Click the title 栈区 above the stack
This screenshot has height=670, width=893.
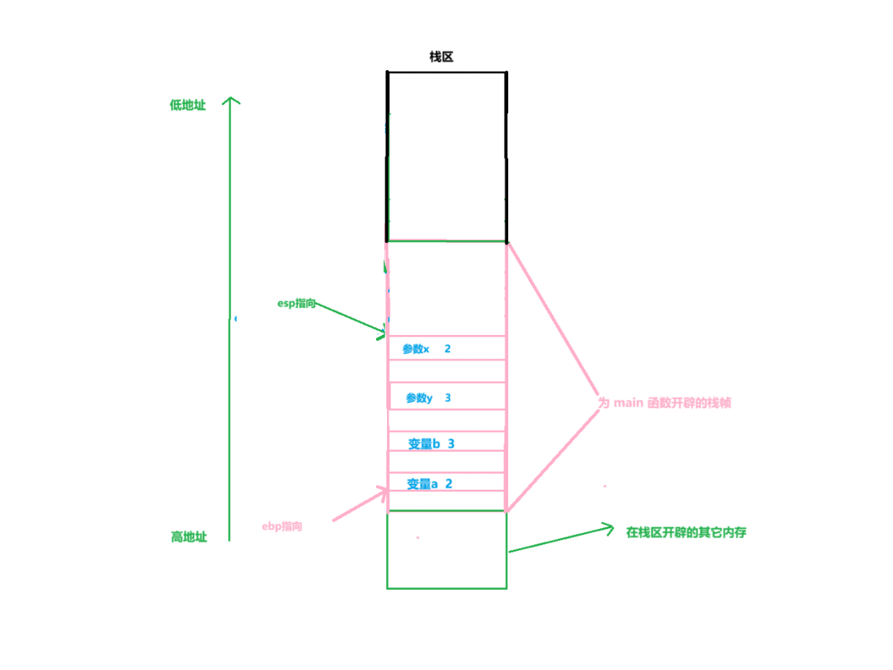(x=441, y=57)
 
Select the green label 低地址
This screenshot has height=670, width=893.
(x=188, y=105)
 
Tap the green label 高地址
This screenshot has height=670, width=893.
(x=189, y=537)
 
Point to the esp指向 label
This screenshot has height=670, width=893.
(x=296, y=304)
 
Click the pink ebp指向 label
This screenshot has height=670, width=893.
(x=282, y=526)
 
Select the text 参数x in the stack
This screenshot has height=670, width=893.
(x=415, y=349)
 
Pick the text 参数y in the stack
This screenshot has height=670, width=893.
(x=419, y=398)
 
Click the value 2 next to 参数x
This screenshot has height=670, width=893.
(x=448, y=349)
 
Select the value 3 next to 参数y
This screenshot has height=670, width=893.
(x=448, y=398)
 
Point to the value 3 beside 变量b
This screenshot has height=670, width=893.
(x=451, y=444)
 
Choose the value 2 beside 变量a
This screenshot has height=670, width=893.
(x=448, y=483)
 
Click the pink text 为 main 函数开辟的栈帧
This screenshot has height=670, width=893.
(x=664, y=403)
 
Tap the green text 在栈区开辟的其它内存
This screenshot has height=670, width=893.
(x=686, y=533)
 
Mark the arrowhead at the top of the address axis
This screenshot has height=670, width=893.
(x=231, y=99)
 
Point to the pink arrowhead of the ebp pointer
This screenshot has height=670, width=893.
(x=384, y=490)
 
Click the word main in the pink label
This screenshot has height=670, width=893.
(x=627, y=403)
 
